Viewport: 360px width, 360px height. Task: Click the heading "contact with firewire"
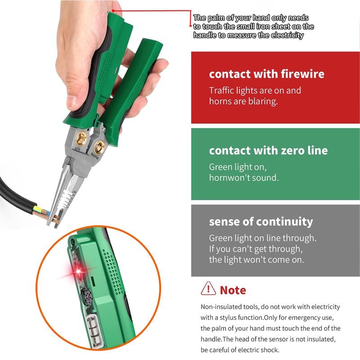pyautogui.click(x=266, y=74)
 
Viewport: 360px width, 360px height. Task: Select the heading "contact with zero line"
pyautogui.click(x=268, y=150)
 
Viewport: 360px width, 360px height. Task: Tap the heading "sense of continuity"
pyautogui.click(x=261, y=221)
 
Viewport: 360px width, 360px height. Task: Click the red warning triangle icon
pyautogui.click(x=208, y=288)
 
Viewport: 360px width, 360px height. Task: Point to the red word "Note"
pyautogui.click(x=233, y=290)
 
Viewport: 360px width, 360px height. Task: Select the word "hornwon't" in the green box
pyautogui.click(x=229, y=177)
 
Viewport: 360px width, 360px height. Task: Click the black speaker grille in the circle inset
pyautogui.click(x=88, y=297)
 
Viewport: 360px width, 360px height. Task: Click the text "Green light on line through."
pyautogui.click(x=262, y=238)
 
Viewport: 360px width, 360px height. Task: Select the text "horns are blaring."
pyautogui.click(x=243, y=101)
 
